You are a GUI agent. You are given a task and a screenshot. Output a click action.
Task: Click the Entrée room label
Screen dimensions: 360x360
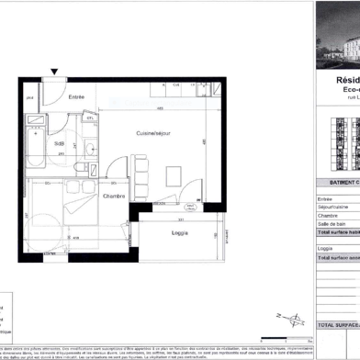[x=77, y=96]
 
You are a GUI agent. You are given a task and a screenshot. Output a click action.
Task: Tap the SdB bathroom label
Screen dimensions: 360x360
[x=60, y=144]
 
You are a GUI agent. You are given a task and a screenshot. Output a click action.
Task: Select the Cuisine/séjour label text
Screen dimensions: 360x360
[x=152, y=134]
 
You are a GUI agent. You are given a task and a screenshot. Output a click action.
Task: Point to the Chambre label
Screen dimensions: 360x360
[x=114, y=197]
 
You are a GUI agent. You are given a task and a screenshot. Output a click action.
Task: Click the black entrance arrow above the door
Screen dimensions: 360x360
[x=55, y=72]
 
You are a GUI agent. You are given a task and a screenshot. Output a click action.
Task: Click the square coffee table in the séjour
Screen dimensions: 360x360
[x=173, y=175]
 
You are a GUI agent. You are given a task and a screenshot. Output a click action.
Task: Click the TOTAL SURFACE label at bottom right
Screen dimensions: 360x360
[x=337, y=325]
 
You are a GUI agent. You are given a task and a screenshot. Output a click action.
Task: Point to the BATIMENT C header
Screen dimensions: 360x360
[x=337, y=183]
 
